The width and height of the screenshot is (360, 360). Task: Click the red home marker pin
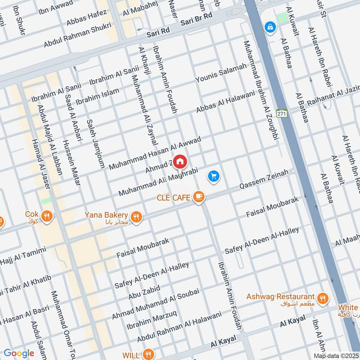coord(180,161)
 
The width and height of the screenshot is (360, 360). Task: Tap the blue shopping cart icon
coord(214,176)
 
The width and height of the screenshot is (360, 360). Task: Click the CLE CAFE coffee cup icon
coord(198,197)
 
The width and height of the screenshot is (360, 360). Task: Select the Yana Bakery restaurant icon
coord(137,217)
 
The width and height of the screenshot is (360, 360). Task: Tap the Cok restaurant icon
coord(47,217)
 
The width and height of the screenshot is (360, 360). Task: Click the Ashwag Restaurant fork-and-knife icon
coord(322,297)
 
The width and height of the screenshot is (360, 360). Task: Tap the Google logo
coord(19,353)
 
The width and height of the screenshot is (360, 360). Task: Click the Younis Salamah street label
coord(221,72)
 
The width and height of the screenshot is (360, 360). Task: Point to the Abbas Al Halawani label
coord(225,102)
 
